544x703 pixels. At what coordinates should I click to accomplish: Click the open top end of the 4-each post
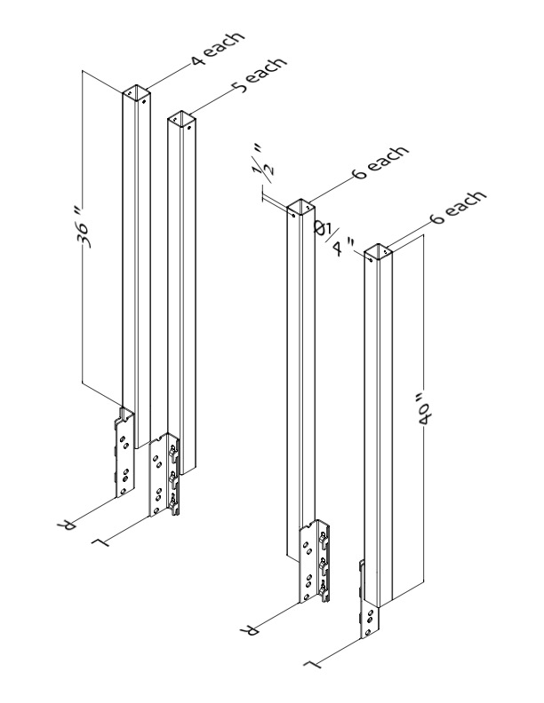click(136, 92)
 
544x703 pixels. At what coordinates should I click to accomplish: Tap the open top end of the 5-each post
click(180, 119)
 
